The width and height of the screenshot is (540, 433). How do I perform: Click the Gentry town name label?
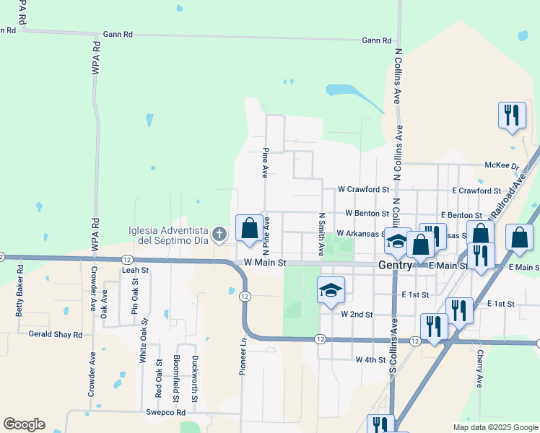tap(396, 266)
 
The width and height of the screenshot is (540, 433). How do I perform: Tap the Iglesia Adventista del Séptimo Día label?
tap(168, 235)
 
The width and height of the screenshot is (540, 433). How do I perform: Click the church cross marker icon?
tap(220, 233)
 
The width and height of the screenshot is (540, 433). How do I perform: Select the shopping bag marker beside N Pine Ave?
tap(249, 229)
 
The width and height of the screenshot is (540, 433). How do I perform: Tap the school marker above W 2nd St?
tap(331, 290)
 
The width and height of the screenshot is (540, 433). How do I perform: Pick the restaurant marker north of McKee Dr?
tap(512, 115)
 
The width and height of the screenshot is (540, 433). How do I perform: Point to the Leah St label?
tap(135, 270)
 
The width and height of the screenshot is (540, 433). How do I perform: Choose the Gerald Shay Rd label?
tap(56, 335)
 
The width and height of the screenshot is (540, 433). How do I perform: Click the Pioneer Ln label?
tap(243, 358)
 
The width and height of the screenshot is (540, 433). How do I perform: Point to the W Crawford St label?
tap(363, 189)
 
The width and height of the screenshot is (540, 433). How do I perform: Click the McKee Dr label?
tap(502, 165)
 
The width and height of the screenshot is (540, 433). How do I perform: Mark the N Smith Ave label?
tap(321, 235)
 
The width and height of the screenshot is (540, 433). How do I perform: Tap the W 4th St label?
tap(370, 359)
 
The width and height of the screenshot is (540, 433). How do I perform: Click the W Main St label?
tap(265, 263)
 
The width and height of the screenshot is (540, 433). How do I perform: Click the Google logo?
tap(24, 424)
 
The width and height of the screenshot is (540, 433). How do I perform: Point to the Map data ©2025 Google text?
tap(495, 427)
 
